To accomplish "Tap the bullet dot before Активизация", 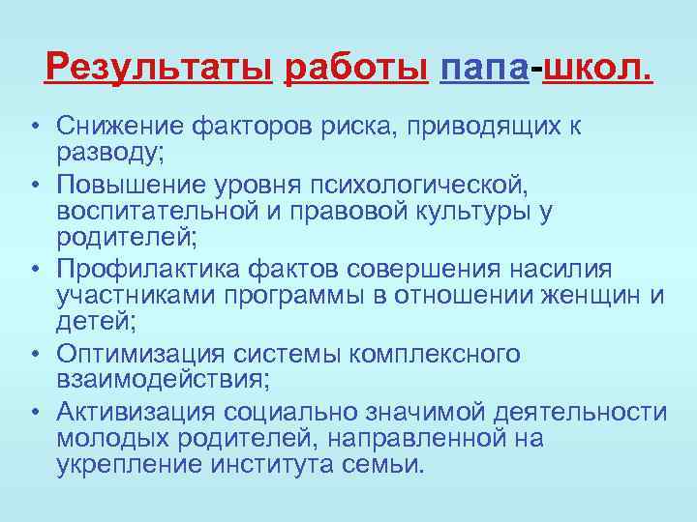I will click(33, 413).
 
